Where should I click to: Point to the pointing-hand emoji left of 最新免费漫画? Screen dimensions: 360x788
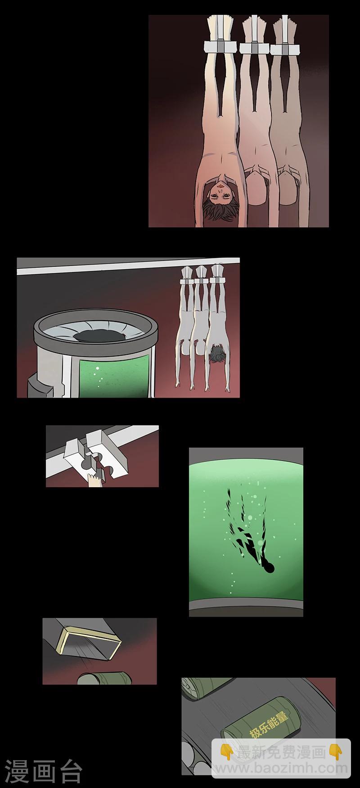pos(227,752)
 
